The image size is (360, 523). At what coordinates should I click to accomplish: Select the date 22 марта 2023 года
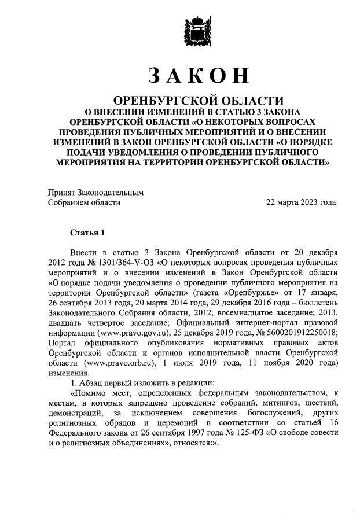300,202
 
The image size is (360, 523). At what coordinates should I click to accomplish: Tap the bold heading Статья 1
87,233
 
